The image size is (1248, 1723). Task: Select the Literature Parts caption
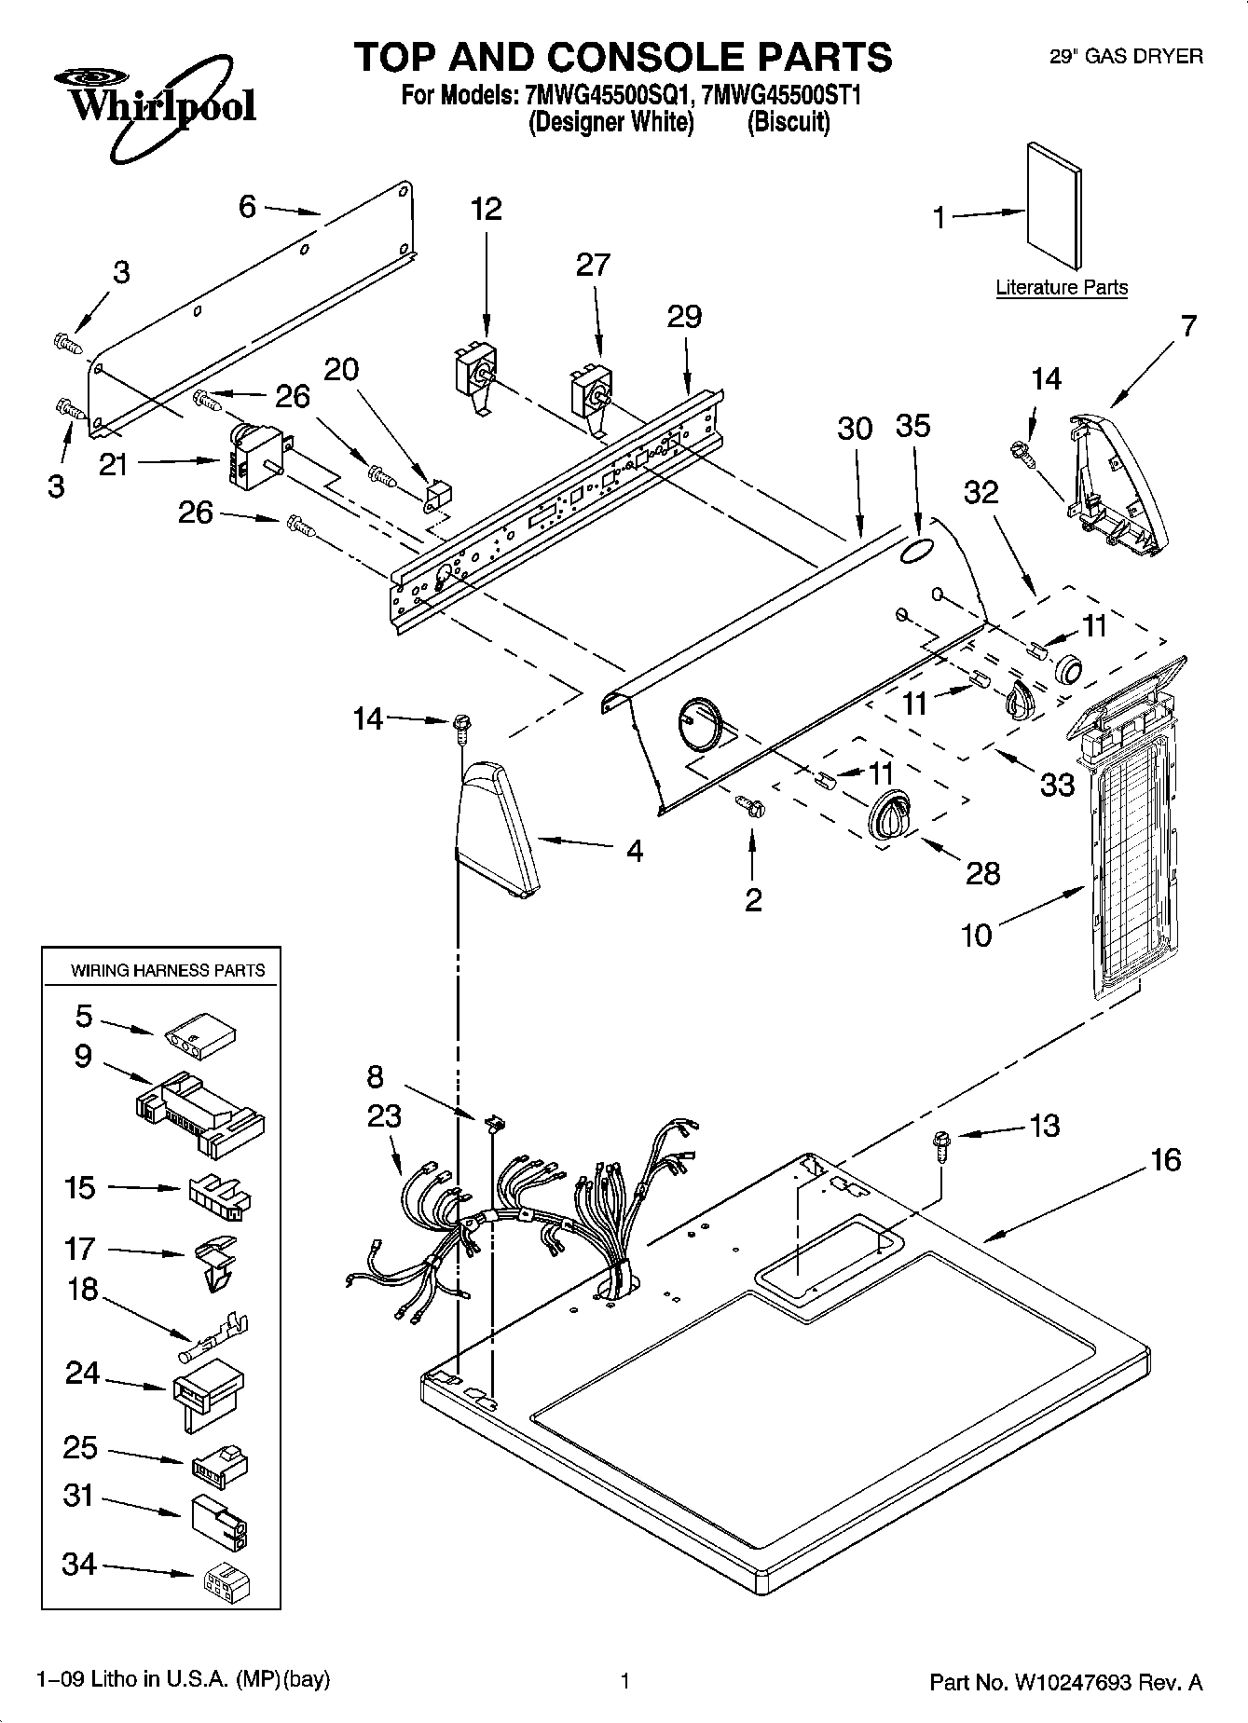click(1061, 288)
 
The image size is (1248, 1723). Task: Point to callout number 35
click(912, 426)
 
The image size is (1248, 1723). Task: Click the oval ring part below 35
click(915, 551)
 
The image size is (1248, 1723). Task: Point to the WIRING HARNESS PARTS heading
click(168, 971)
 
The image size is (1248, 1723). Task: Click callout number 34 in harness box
click(79, 1564)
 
